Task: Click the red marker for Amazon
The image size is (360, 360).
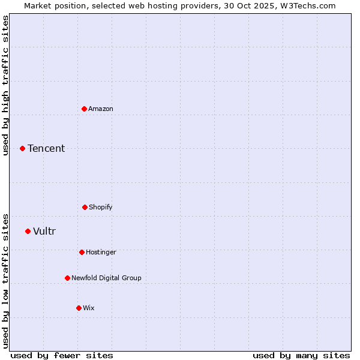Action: [x=85, y=109]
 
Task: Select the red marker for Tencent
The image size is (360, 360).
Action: [x=23, y=148]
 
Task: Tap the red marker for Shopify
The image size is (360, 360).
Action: [x=85, y=207]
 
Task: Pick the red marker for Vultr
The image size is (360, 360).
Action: [x=28, y=231]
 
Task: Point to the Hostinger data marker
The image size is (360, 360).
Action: [x=82, y=252]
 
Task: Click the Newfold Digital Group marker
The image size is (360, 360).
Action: [x=67, y=278]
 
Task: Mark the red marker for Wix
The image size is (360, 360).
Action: [x=79, y=308]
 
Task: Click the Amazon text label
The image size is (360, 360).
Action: [x=101, y=109]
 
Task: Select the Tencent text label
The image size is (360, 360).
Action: [x=46, y=148]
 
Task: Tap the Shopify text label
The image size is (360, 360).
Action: [x=101, y=207]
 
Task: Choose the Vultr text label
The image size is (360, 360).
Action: [x=44, y=231]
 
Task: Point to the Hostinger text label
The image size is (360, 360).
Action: [x=101, y=252]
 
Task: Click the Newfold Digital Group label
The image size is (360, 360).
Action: [x=106, y=278]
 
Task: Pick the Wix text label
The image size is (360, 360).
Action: [x=89, y=308]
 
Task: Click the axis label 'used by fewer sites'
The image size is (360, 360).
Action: [x=62, y=355]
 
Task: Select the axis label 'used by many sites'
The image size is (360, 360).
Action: [x=301, y=355]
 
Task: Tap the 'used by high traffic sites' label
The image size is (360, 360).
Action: [x=5, y=85]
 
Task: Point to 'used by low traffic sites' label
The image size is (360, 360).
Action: [x=5, y=281]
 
